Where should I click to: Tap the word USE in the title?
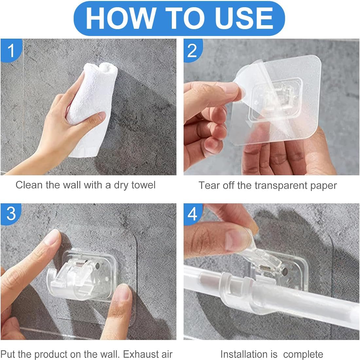(244, 18)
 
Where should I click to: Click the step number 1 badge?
(11, 50)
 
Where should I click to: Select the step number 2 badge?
(192, 50)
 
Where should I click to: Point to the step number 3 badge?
(11, 214)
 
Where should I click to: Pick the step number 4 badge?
(192, 214)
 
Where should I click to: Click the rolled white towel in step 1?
(92, 108)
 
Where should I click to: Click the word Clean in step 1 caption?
(29, 185)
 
